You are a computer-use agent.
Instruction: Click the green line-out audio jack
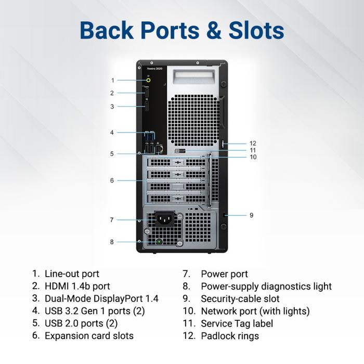pyautogui.click(x=149, y=80)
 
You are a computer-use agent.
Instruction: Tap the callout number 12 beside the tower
pyautogui.click(x=253, y=144)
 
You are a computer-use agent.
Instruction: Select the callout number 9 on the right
pyautogui.click(x=251, y=215)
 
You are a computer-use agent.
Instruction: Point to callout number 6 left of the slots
pyautogui.click(x=112, y=180)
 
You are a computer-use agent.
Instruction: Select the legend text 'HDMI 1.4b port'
pyautogui.click(x=77, y=286)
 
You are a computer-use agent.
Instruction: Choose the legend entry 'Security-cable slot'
pyautogui.click(x=240, y=298)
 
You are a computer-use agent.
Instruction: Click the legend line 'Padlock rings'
pyautogui.click(x=230, y=336)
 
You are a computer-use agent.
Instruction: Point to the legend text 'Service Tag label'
pyautogui.click(x=237, y=323)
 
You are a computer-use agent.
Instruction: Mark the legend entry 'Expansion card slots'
pyautogui.click(x=89, y=336)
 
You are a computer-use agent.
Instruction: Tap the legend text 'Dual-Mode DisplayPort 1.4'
pyautogui.click(x=101, y=298)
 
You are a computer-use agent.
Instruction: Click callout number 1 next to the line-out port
pyautogui.click(x=112, y=80)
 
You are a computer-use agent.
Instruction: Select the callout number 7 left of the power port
pyautogui.click(x=112, y=220)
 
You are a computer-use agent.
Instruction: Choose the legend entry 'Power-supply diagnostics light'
pyautogui.click(x=266, y=286)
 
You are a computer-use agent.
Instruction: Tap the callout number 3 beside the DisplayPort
pyautogui.click(x=112, y=107)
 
